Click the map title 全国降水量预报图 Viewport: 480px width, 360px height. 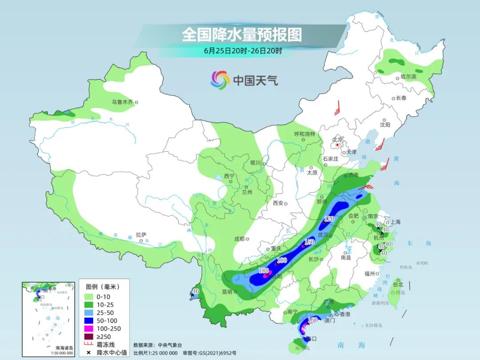click(x=242, y=34)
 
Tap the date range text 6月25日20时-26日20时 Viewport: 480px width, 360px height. click(x=243, y=51)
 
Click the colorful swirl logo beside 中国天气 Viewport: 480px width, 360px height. click(x=220, y=80)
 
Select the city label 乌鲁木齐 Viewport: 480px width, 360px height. click(x=123, y=102)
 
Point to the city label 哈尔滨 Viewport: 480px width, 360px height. click(x=408, y=77)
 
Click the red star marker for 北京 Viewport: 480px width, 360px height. click(x=338, y=145)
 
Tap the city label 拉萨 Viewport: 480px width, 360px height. click(x=141, y=235)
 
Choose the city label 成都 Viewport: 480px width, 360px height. click(x=239, y=239)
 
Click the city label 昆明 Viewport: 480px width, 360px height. click(x=226, y=292)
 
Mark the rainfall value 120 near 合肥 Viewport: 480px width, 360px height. click(x=329, y=219)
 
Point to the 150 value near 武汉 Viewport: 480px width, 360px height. click(x=309, y=242)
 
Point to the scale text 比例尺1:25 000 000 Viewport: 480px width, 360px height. click(x=155, y=353)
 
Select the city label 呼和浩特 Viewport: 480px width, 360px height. click(x=304, y=134)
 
